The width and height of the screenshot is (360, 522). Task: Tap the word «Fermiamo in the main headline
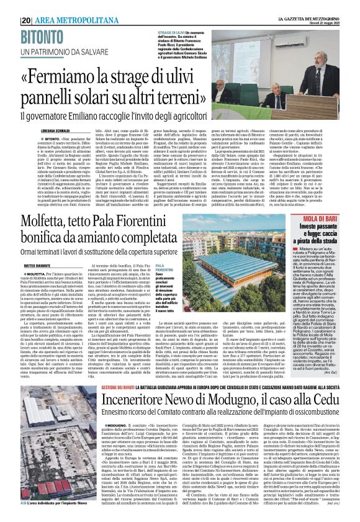[74, 78]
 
